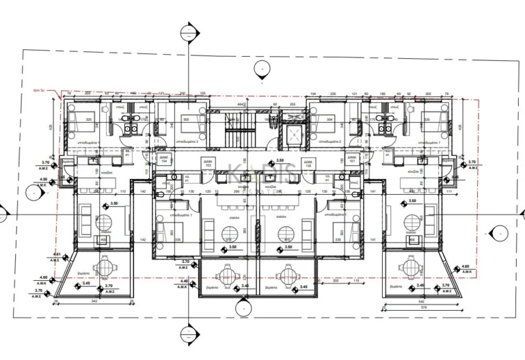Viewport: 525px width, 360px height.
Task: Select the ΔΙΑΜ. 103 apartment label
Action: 207,163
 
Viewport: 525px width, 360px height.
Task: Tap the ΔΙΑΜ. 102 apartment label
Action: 308,163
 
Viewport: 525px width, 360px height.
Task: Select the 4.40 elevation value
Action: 183,280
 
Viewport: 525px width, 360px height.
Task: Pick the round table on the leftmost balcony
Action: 105,267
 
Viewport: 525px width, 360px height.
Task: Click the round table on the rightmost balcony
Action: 415,266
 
